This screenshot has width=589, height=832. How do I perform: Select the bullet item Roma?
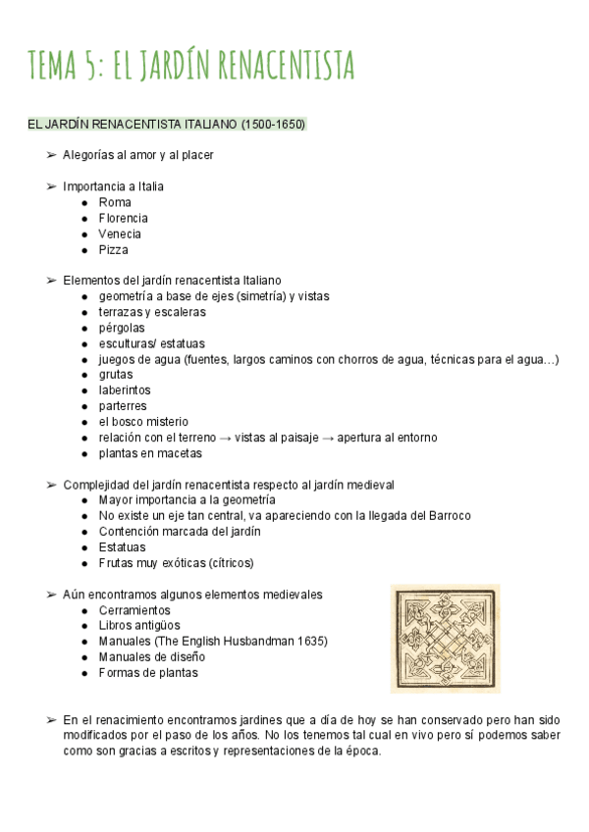114,202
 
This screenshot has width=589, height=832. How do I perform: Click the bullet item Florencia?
123,218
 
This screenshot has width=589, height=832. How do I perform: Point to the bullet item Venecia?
120,234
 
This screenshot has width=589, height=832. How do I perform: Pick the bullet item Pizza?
113,249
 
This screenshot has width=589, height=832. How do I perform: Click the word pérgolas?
122,328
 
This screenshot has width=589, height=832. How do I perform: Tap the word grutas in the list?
116,375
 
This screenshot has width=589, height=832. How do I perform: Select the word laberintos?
125,390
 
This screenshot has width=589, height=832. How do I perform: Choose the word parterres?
123,406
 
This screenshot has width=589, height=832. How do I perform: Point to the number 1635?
309,642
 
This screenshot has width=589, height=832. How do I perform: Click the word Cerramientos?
134,610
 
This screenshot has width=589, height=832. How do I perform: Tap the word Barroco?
447,516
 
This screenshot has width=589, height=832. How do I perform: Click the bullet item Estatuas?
122,547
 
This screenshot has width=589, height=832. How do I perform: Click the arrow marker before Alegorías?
51,155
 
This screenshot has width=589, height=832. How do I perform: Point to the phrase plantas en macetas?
150,453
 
